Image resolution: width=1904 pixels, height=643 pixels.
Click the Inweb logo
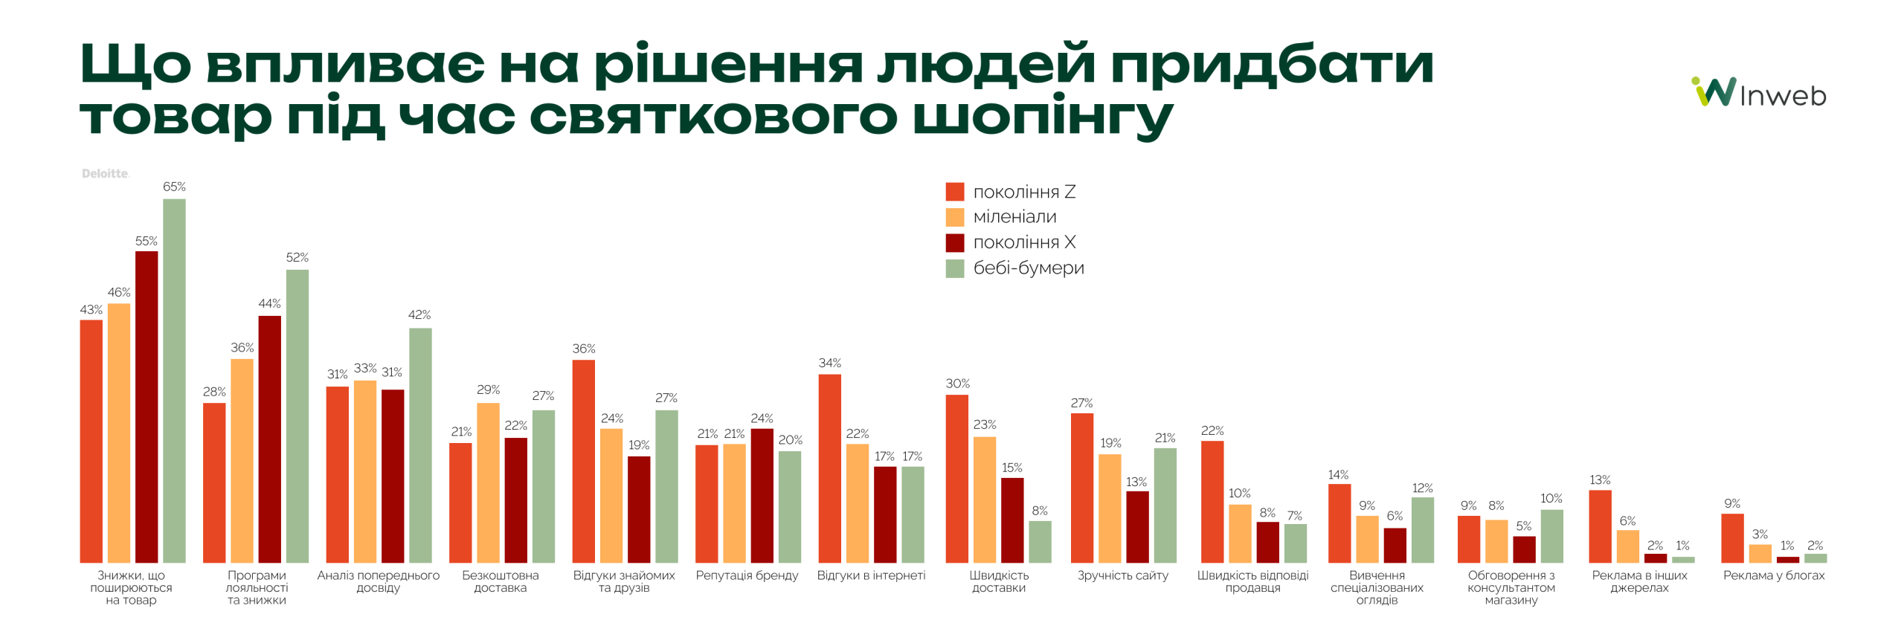1758,94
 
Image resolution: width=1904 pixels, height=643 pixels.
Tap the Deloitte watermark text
105,173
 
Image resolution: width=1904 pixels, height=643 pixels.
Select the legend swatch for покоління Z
954,192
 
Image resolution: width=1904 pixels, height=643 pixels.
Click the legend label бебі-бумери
1028,268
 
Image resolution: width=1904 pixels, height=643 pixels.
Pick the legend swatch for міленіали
954,217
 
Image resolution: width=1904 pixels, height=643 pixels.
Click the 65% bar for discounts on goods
174,380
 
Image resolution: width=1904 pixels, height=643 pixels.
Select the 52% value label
297,257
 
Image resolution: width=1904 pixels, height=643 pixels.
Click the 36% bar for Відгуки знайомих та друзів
583,461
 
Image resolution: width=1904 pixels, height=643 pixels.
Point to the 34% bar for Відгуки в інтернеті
829,468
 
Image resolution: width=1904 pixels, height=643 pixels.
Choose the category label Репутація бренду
746,575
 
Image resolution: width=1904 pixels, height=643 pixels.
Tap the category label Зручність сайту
1122,575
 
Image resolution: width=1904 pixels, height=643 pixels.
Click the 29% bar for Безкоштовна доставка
488,482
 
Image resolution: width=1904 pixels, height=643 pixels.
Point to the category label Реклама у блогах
1773,575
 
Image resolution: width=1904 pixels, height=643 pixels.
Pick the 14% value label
1338,474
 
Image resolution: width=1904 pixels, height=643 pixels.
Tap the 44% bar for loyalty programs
269,439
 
